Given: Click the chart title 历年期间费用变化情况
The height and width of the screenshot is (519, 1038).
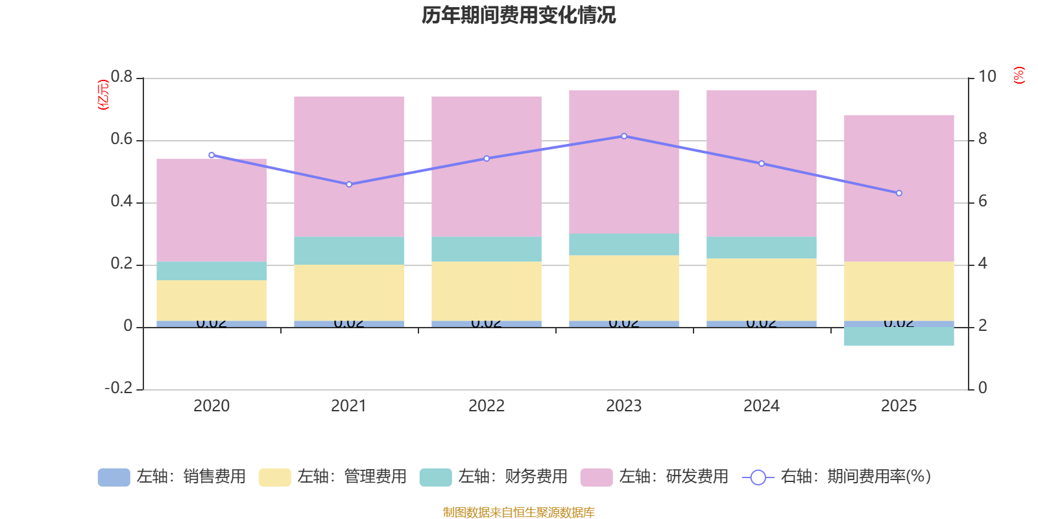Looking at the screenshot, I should coord(518,15).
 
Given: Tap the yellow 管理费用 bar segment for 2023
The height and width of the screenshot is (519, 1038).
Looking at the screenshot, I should coord(624,288).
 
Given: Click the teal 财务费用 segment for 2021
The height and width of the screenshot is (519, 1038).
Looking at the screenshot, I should coord(349,250).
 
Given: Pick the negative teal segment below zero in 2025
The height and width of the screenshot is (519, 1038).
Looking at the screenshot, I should coord(899,336).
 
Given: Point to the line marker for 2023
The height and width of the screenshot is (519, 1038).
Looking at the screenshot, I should coord(624,136).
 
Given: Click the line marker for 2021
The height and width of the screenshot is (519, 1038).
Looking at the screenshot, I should coord(349,184).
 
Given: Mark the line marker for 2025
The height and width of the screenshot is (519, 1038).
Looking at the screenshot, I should coord(899,193).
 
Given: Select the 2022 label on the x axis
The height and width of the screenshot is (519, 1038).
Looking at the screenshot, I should coord(487,406).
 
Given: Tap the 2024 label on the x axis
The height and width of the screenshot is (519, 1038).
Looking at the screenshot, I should coord(761,406).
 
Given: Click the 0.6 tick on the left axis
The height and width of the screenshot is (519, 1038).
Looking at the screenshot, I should coord(121,139).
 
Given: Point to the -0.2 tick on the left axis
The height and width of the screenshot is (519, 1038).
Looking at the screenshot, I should coord(118,388).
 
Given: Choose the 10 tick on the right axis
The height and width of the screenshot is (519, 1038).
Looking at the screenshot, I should coord(987,77).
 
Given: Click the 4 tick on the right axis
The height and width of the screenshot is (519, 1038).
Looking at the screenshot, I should coord(983,263).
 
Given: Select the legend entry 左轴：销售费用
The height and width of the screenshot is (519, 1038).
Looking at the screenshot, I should coord(172,477).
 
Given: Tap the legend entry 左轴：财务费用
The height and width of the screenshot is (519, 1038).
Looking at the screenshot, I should coord(494,477).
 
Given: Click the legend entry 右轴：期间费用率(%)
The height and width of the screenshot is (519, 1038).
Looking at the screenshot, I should coord(836,477).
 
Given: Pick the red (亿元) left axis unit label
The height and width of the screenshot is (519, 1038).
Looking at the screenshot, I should coord(103,95).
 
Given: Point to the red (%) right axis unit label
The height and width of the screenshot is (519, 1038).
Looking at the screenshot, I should coord(1019,75).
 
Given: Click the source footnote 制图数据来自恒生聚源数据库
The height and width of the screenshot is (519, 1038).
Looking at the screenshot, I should coord(518,513).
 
